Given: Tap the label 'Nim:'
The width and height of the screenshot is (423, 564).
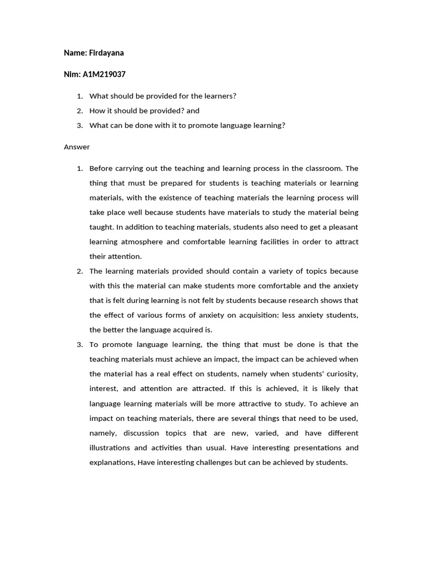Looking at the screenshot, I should click(72, 74).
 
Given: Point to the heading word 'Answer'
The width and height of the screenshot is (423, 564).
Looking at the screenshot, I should click(77, 147).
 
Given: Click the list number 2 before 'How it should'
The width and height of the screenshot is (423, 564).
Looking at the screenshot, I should click(80, 111).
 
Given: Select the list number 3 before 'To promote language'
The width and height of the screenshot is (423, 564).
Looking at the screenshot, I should click(80, 344).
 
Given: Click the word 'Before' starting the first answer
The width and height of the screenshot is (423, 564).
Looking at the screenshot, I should click(101, 169).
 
